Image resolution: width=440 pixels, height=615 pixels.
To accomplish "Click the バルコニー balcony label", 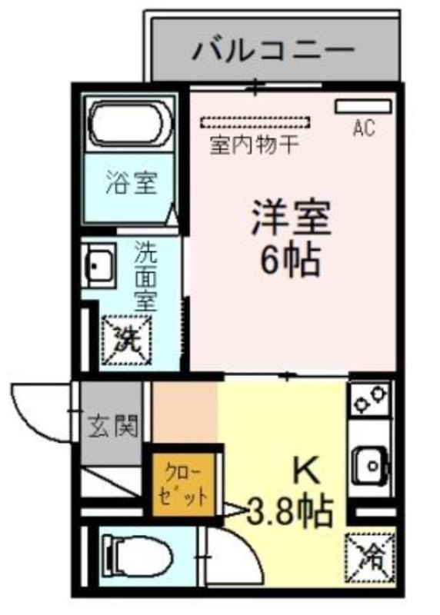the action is coord(274,50).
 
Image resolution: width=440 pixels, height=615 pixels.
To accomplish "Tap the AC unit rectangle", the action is coord(363,106).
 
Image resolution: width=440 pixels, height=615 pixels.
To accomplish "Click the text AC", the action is coord(364,128).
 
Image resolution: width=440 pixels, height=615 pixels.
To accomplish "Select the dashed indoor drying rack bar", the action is coord(255,122).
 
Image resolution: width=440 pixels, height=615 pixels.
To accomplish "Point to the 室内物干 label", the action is coord(255,145).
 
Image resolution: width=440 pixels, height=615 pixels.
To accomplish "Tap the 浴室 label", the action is coord(132,183).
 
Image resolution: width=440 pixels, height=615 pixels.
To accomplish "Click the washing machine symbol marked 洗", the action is coord(126,339).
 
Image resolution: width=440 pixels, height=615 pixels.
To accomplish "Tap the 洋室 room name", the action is coord(291,218).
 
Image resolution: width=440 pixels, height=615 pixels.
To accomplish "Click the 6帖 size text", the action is coord(290,261).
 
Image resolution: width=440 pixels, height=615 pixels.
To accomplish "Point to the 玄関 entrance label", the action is coord(113,426).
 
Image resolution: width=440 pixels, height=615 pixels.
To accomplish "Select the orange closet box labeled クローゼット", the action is coord(183,484).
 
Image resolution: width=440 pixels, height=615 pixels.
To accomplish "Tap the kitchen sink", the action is coord(371,466).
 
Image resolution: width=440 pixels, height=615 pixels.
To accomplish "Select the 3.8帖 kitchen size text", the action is coord(290,511).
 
